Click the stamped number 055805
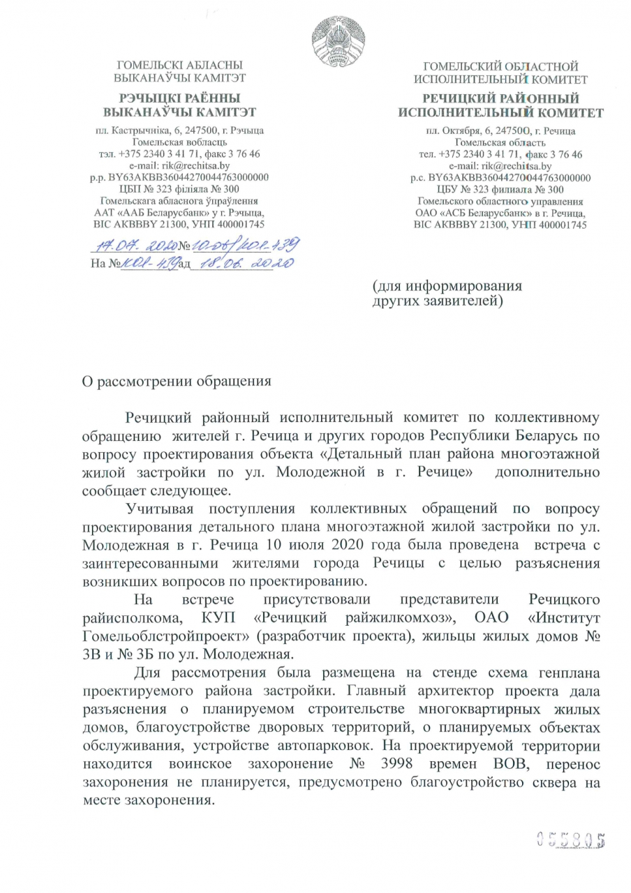pos(570,839)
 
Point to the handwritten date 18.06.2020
pos(246,264)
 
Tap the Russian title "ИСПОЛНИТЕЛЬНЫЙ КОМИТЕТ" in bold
pos(500,112)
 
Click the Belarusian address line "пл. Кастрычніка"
pos(135,130)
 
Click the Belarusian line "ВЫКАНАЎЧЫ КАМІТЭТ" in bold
pos(179,112)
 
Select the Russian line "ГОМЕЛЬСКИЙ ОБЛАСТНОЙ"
pos(500,67)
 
